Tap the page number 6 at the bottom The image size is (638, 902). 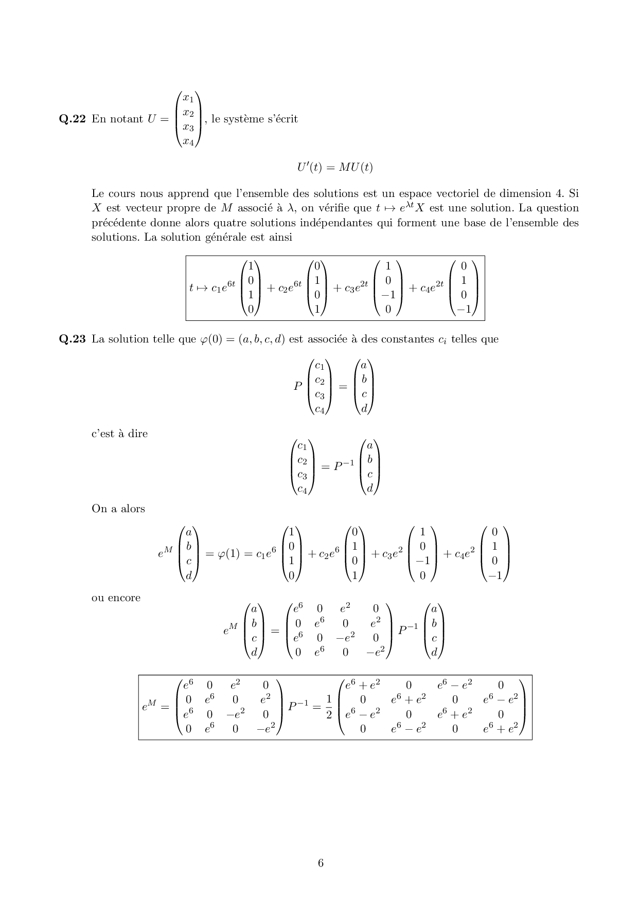tap(321, 863)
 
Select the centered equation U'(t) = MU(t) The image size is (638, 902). tap(334, 167)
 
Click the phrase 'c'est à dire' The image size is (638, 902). tap(119, 434)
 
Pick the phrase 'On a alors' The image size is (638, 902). tap(118, 509)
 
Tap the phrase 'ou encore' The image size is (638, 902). tap(116, 598)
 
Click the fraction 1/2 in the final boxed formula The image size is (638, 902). tap(329, 708)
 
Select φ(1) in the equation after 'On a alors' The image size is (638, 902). tap(228, 554)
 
